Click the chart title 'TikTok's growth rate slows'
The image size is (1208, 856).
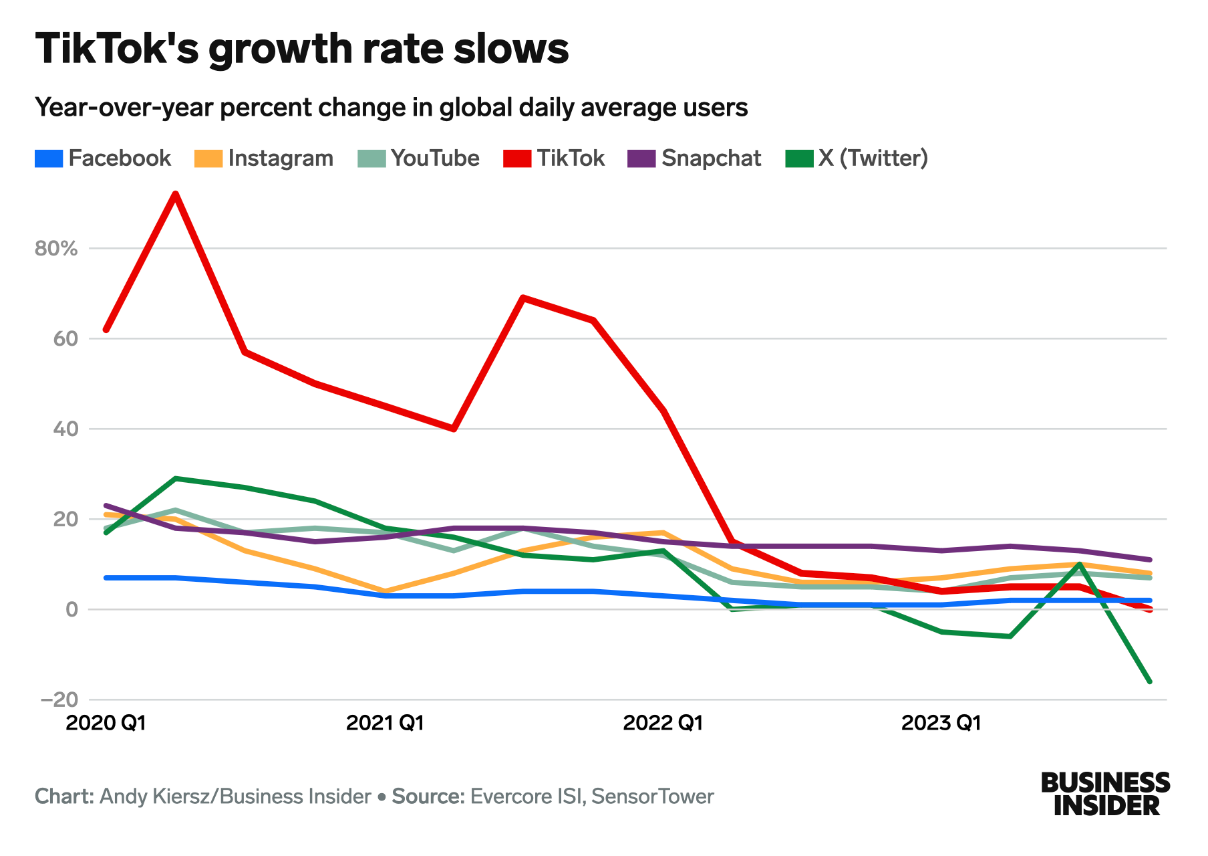pyautogui.click(x=302, y=49)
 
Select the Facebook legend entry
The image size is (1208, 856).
pyautogui.click(x=104, y=158)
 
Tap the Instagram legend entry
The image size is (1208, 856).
pyautogui.click(x=264, y=158)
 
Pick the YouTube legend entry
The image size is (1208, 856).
pyautogui.click(x=419, y=158)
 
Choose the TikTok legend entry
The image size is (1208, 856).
pyautogui.click(x=554, y=158)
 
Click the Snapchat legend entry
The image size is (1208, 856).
pyautogui.click(x=695, y=158)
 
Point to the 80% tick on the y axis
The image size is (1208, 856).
pyautogui.click(x=56, y=249)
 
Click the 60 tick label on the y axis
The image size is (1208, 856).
pyautogui.click(x=65, y=339)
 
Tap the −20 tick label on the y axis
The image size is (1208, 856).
pyautogui.click(x=59, y=700)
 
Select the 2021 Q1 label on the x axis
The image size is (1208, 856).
pyautogui.click(x=385, y=723)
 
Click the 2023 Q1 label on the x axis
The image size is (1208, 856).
pyautogui.click(x=941, y=723)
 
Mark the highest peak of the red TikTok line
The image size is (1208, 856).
pyautogui.click(x=175, y=195)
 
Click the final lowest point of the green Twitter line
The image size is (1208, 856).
pyautogui.click(x=1149, y=681)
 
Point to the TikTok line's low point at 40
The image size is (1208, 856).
pyautogui.click(x=454, y=429)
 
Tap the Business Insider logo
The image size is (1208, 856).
pyautogui.click(x=1105, y=794)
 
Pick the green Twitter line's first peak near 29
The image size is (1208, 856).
pyautogui.click(x=175, y=479)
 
